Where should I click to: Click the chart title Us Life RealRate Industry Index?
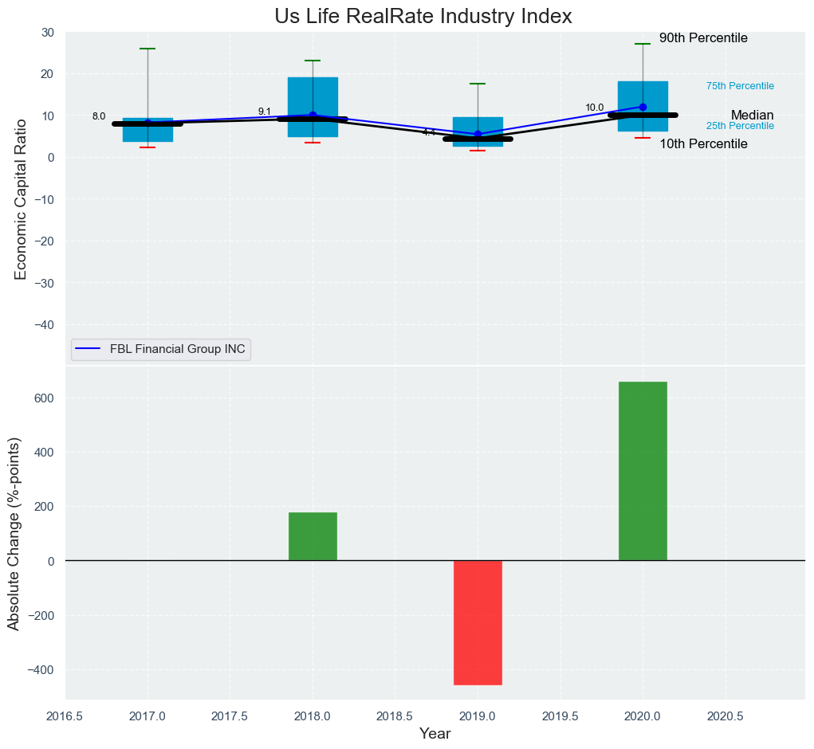click(x=423, y=16)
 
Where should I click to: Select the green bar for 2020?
click(x=643, y=471)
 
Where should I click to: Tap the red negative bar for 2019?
click(x=478, y=622)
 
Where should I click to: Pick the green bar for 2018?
click(x=313, y=536)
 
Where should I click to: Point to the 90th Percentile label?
click(x=703, y=38)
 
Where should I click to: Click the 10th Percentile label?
click(x=703, y=144)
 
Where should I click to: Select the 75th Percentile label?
click(x=740, y=86)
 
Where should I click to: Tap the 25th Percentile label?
click(x=740, y=126)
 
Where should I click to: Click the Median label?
click(x=752, y=116)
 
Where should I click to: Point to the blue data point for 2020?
click(x=643, y=107)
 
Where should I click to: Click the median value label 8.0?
click(x=99, y=116)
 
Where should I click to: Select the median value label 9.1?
click(x=265, y=112)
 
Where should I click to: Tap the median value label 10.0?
click(x=595, y=108)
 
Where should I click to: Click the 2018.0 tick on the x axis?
click(x=313, y=716)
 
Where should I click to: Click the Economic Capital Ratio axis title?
click(x=21, y=198)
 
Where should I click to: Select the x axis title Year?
click(x=435, y=734)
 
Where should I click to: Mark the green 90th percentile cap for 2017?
click(x=147, y=49)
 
